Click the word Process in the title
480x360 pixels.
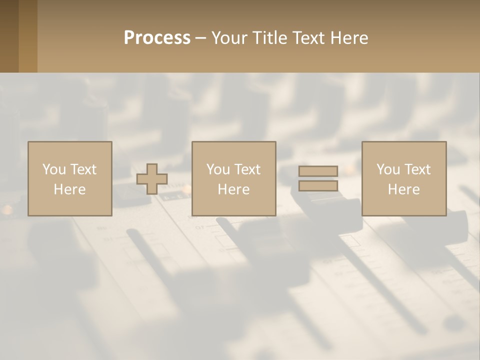(157, 38)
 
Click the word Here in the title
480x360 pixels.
(350, 38)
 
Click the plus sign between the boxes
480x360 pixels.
(152, 179)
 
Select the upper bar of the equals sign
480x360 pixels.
(318, 171)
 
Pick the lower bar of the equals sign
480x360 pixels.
(318, 186)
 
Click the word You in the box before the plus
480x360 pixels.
(54, 169)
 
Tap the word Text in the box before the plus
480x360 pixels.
(83, 169)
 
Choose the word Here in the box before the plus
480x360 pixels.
(69, 189)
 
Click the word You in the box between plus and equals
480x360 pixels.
(218, 169)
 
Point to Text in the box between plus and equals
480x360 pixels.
(247, 169)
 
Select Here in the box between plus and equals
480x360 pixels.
(233, 189)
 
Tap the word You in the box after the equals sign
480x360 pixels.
(388, 169)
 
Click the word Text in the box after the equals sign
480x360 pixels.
(417, 169)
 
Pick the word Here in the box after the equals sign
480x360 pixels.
(403, 189)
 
